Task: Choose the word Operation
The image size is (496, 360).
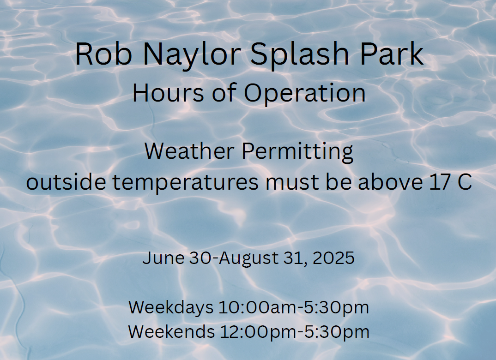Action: [305, 94]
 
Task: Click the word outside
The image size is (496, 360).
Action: [66, 182]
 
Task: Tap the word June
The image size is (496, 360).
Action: [163, 258]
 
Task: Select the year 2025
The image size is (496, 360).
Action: [333, 258]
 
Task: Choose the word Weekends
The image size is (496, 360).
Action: [171, 331]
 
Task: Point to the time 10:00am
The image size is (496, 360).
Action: [258, 307]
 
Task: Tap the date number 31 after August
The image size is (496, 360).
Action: [294, 258]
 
